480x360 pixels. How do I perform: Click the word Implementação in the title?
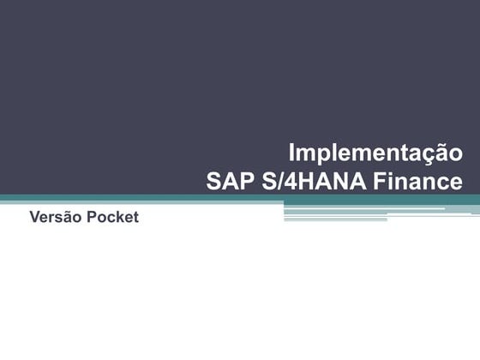[375, 154]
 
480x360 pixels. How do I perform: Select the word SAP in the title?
[229, 182]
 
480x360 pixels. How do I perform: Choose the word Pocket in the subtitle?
[112, 218]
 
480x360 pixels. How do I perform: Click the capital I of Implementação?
[292, 153]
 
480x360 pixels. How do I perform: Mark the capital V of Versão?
[34, 218]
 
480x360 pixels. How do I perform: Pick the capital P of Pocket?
[92, 218]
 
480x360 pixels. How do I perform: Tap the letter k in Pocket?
[121, 218]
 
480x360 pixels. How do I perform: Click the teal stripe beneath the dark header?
[129, 200]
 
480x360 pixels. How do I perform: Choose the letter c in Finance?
[441, 183]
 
